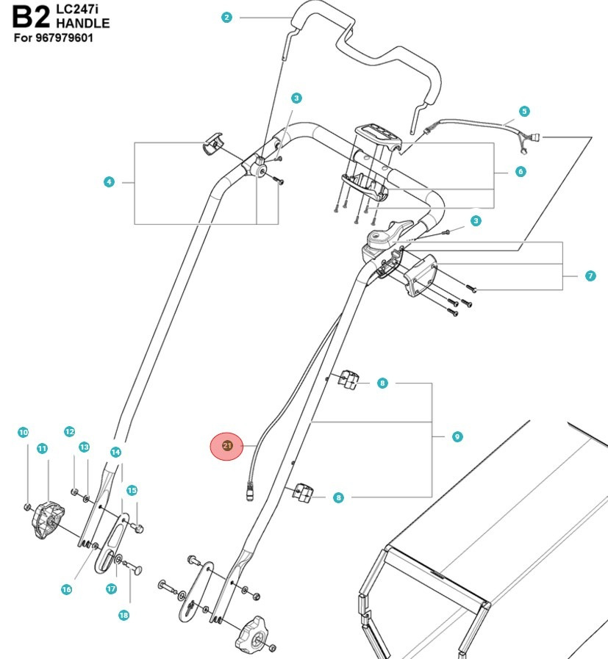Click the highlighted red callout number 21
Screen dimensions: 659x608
point(226,445)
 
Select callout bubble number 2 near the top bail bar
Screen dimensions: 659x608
point(226,18)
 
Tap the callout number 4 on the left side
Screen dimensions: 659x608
point(109,181)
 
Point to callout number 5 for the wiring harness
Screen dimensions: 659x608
point(523,112)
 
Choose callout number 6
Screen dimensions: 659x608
point(521,172)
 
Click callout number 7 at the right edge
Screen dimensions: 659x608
point(590,276)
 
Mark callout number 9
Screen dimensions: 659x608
point(457,436)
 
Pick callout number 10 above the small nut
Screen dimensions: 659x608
point(23,433)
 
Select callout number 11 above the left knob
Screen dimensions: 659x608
point(42,448)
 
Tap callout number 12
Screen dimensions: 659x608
point(70,432)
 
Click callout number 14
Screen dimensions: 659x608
point(115,452)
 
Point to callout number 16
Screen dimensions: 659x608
point(67,589)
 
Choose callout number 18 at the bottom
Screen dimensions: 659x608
point(124,614)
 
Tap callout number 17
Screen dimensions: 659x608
point(111,588)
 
